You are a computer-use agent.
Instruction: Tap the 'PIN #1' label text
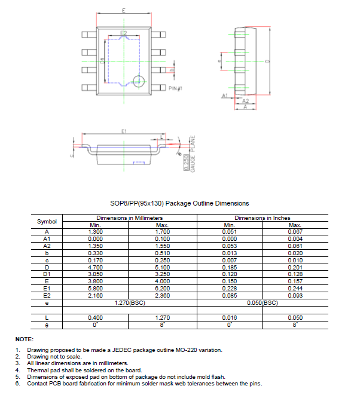pyautogui.click(x=175, y=88)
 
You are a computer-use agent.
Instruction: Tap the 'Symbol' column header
pyautogui.click(x=47, y=221)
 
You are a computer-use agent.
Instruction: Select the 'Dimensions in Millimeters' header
pyautogui.click(x=129, y=218)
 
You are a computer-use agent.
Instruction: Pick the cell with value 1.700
pyautogui.click(x=162, y=231)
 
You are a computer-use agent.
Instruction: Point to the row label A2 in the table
pyautogui.click(x=47, y=245)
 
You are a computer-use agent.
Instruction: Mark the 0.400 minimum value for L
pyautogui.click(x=96, y=318)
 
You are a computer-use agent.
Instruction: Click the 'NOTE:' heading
pyautogui.click(x=24, y=339)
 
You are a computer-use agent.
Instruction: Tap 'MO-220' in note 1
pyautogui.click(x=184, y=350)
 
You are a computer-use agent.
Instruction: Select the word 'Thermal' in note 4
pyautogui.click(x=37, y=370)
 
